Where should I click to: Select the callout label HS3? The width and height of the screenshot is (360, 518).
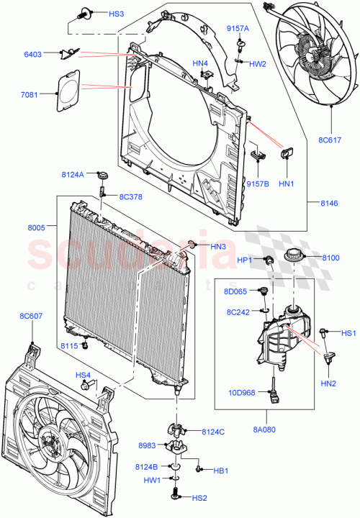(117, 14)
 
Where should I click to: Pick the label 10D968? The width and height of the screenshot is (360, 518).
(243, 394)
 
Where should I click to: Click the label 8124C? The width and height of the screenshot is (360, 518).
(214, 432)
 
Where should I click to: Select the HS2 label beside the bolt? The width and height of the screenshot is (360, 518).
(199, 497)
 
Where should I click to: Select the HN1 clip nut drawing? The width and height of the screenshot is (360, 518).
(286, 153)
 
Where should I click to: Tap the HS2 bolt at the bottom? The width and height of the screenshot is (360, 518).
(176, 495)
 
